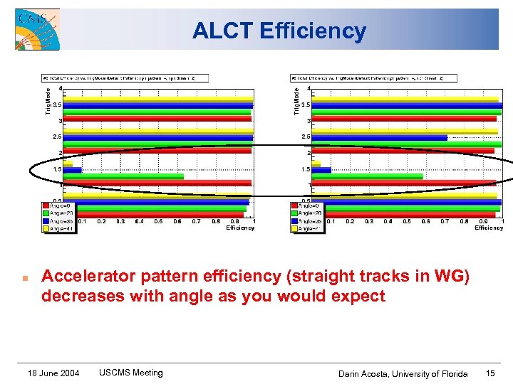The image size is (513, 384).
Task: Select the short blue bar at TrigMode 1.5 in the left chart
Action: tap(72, 170)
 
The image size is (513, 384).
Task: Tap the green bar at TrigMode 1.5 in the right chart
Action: tap(367, 176)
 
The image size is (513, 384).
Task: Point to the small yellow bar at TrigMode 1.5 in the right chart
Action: tap(316, 164)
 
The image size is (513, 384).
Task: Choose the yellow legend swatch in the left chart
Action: tap(46, 229)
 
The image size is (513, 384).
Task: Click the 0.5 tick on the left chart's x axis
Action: tap(158, 221)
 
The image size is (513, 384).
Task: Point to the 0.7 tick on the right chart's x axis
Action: tap(445, 221)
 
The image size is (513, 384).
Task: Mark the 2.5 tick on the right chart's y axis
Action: tap(305, 137)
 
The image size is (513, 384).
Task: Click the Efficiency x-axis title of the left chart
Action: tap(240, 228)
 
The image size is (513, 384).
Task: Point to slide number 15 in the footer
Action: tap(490, 373)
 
